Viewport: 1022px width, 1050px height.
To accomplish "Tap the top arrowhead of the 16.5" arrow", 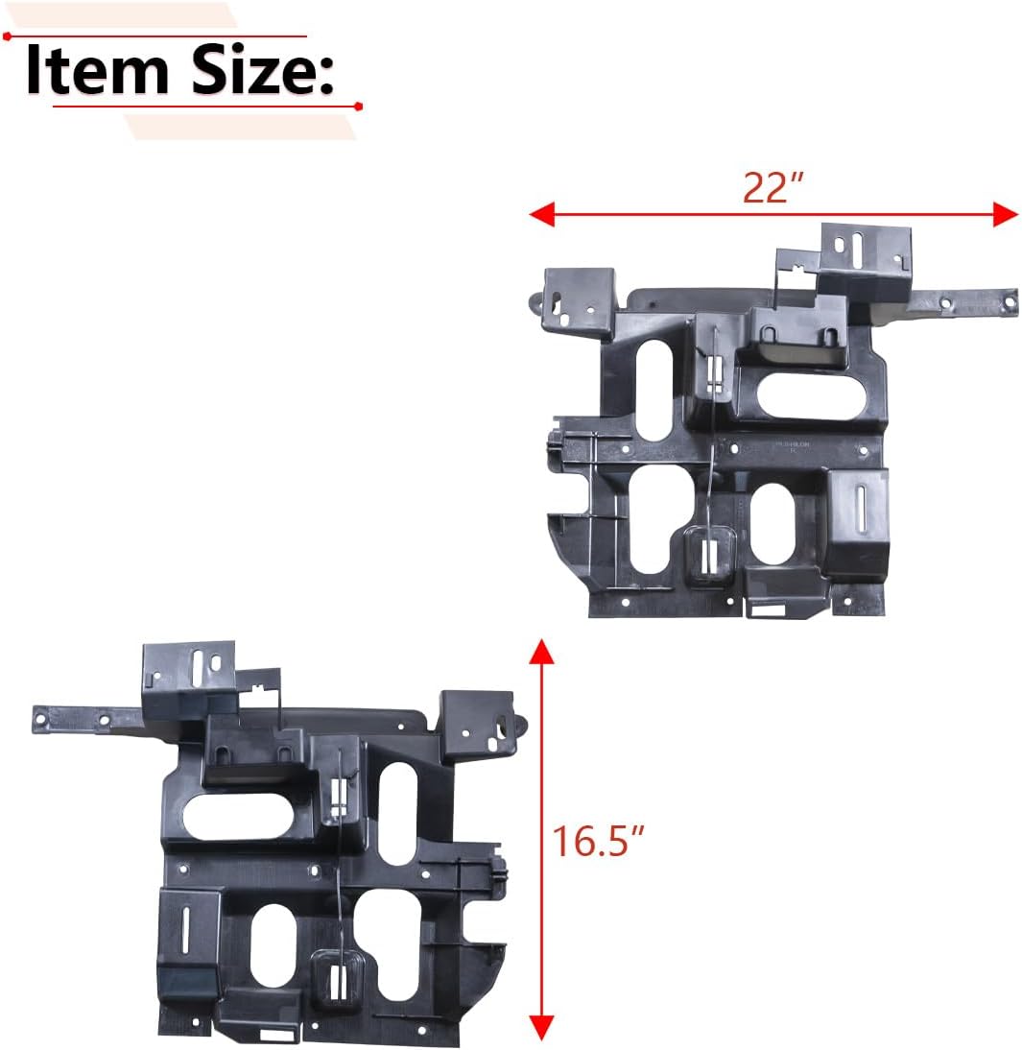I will pyautogui.click(x=542, y=654).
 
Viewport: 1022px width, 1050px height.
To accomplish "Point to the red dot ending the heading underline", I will pyautogui.click(x=358, y=105).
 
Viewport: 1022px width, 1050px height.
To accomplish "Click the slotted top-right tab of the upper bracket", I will pyautogui.click(x=863, y=251).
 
